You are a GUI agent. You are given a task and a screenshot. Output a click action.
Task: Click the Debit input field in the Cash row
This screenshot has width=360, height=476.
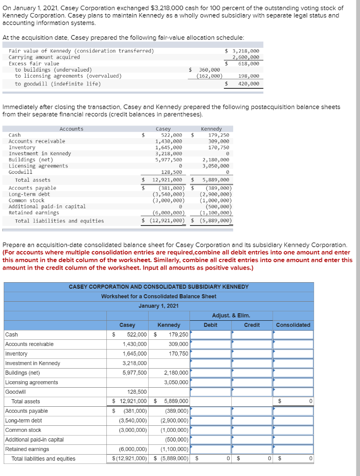(x=211, y=335)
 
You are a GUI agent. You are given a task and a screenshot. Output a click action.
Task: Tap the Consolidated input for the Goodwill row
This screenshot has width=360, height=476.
(x=294, y=392)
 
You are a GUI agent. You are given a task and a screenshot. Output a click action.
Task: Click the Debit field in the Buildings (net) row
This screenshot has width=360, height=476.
(x=211, y=373)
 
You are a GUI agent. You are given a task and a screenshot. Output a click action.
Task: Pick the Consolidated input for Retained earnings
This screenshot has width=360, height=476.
(x=294, y=449)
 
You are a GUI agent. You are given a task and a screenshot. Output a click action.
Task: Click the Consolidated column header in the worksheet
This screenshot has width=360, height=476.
(x=293, y=325)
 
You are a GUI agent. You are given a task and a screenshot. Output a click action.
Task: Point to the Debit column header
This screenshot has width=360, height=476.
(x=210, y=325)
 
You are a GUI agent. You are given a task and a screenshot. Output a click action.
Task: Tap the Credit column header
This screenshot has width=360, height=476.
(x=252, y=325)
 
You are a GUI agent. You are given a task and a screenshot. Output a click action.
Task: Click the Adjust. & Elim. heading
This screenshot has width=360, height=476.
(x=231, y=316)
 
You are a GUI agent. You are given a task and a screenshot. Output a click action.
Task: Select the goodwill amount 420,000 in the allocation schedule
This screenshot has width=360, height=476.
(x=249, y=84)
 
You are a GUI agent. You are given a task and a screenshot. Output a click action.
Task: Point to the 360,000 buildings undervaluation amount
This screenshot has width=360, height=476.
(x=210, y=70)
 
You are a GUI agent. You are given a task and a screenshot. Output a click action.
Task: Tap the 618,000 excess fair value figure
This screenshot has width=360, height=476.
(x=249, y=63)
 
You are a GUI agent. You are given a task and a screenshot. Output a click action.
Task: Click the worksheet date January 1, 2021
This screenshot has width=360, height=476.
(x=158, y=306)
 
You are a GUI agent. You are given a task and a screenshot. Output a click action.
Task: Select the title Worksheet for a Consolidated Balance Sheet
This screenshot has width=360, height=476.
(x=158, y=296)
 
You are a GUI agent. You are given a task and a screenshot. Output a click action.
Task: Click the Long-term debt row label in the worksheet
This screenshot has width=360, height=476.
(x=22, y=421)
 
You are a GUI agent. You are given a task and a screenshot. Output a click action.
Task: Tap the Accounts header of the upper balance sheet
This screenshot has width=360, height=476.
(x=72, y=129)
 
